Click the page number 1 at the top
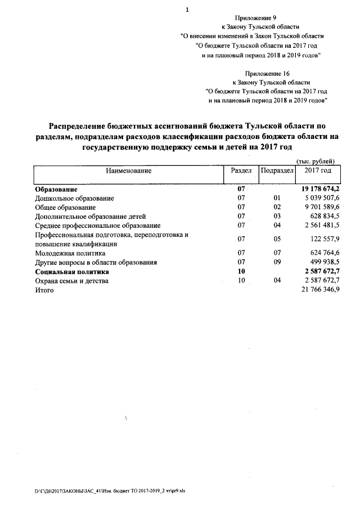tap(187, 10)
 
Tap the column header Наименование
tap(127, 170)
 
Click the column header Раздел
tap(241, 170)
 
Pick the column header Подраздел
tap(277, 170)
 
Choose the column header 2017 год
tap(318, 170)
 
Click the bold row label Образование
tap(56, 190)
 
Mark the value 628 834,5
tap(324, 216)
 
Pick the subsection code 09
tap(276, 262)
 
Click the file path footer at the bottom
tap(109, 490)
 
